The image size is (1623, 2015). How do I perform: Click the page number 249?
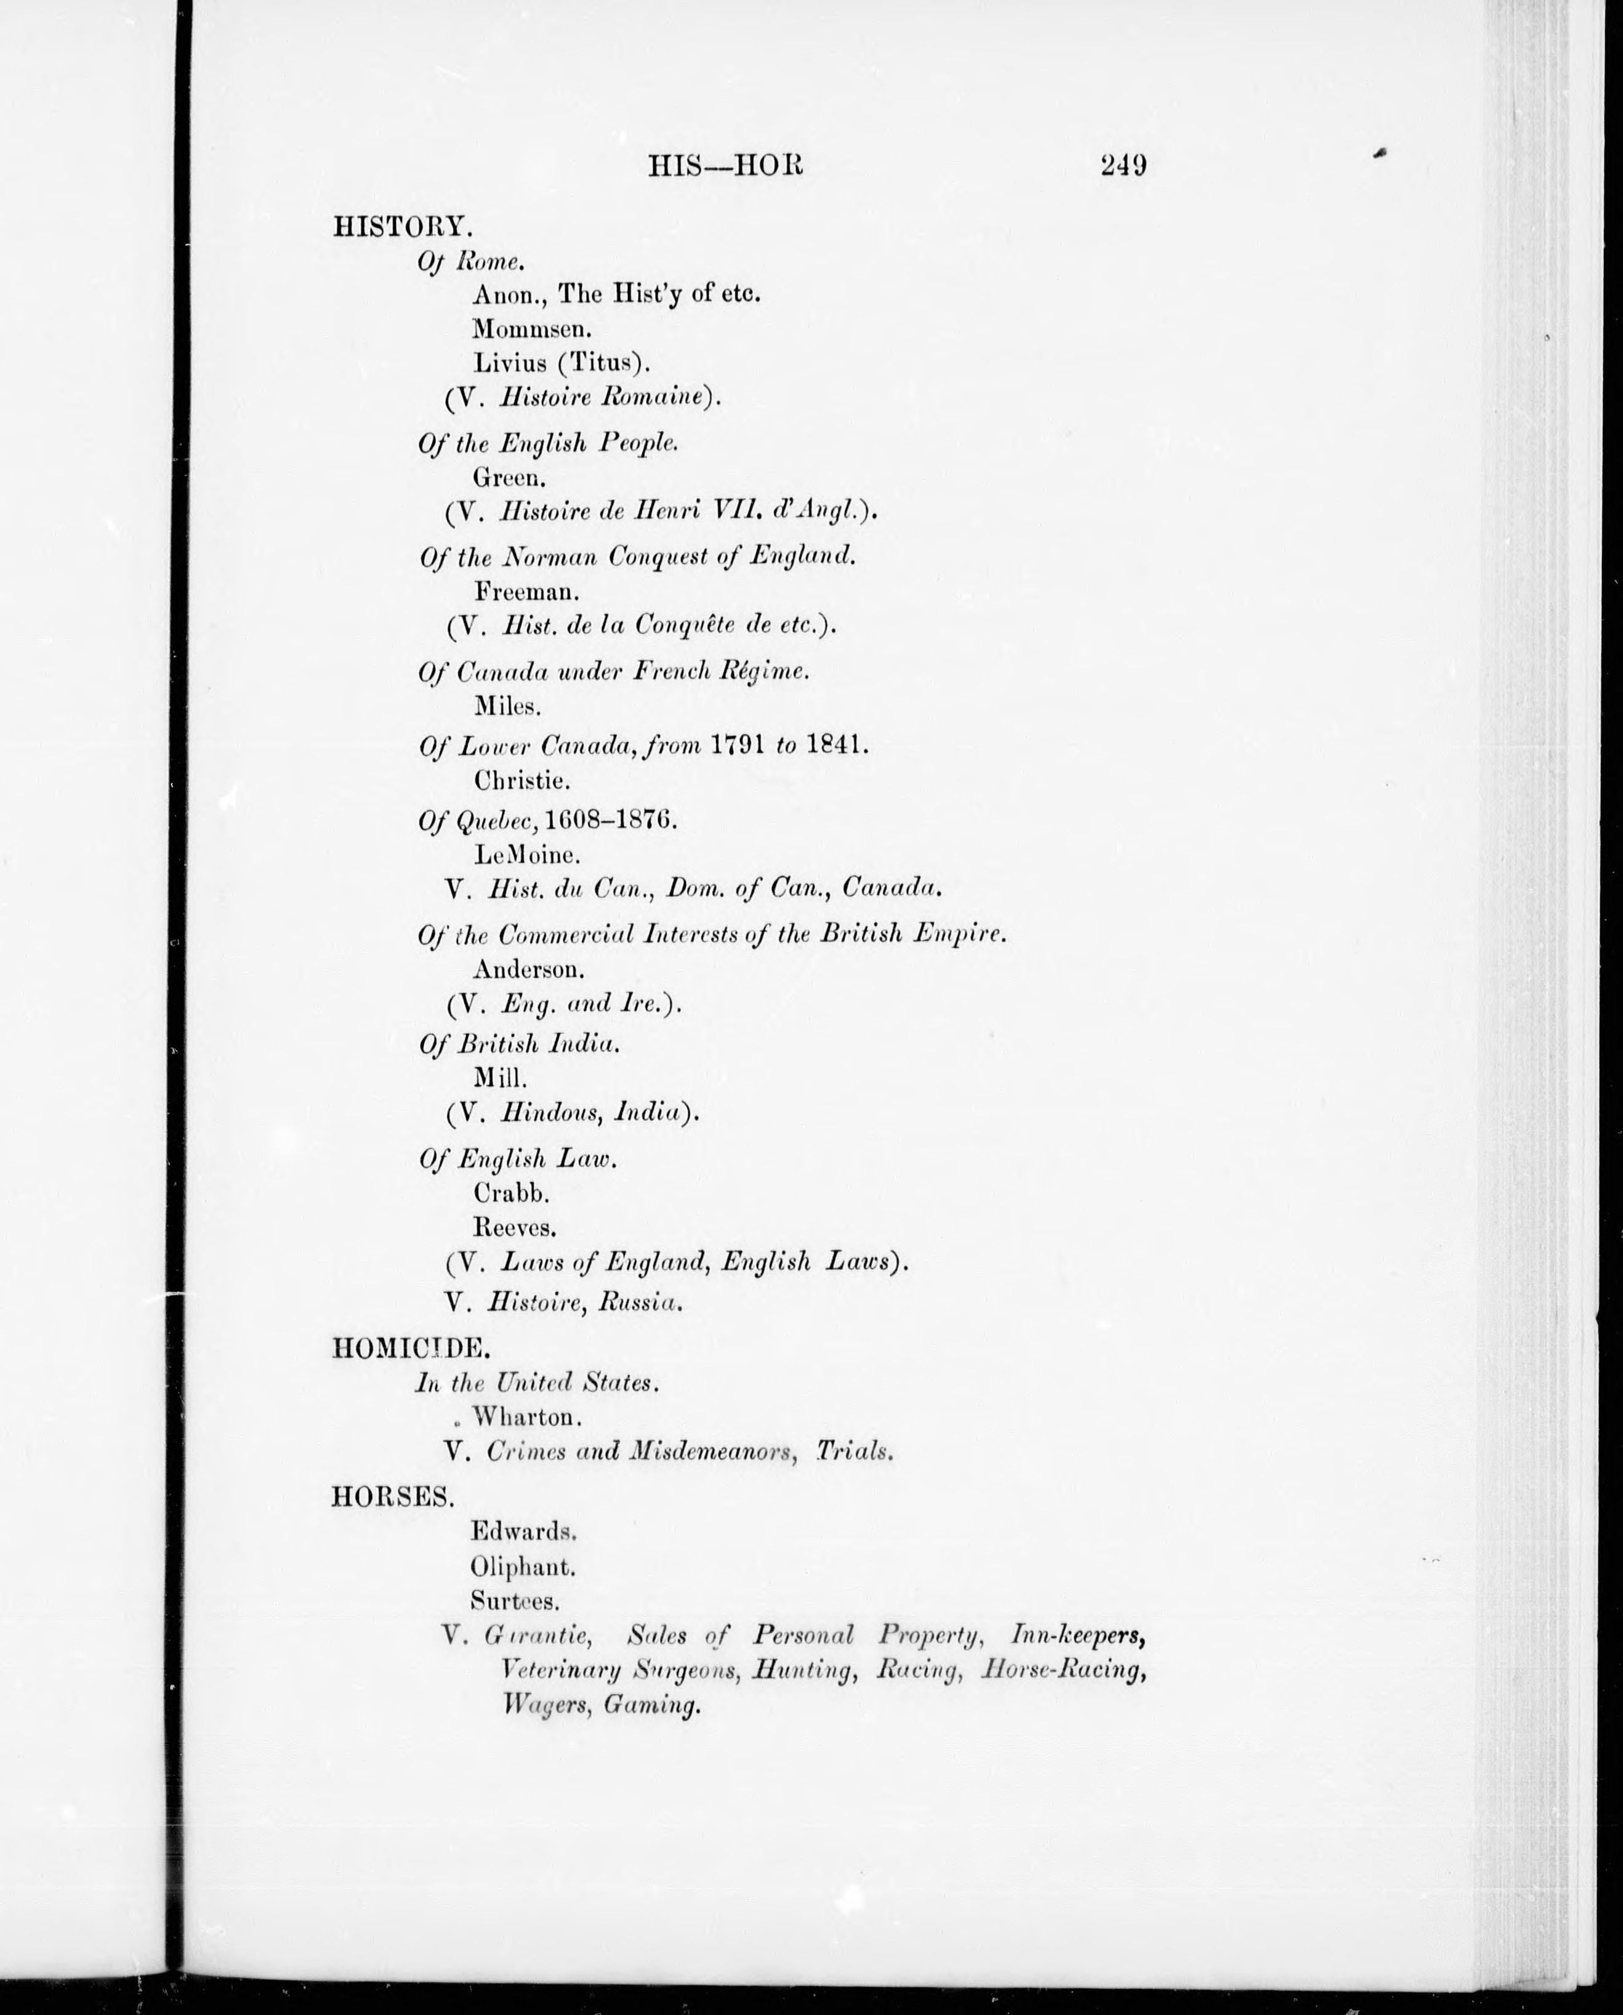[1123, 166]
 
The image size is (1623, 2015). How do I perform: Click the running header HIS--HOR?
[725, 166]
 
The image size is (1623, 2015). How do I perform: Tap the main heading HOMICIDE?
[409, 1347]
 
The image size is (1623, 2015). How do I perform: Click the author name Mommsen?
[533, 329]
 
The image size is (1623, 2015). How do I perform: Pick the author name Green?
[510, 478]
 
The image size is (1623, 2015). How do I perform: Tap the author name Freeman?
[526, 591]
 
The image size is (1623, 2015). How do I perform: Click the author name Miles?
[508, 706]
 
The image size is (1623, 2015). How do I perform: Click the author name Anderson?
[529, 969]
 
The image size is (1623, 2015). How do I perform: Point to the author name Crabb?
[512, 1193]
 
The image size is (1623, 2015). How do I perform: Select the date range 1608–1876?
[610, 820]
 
